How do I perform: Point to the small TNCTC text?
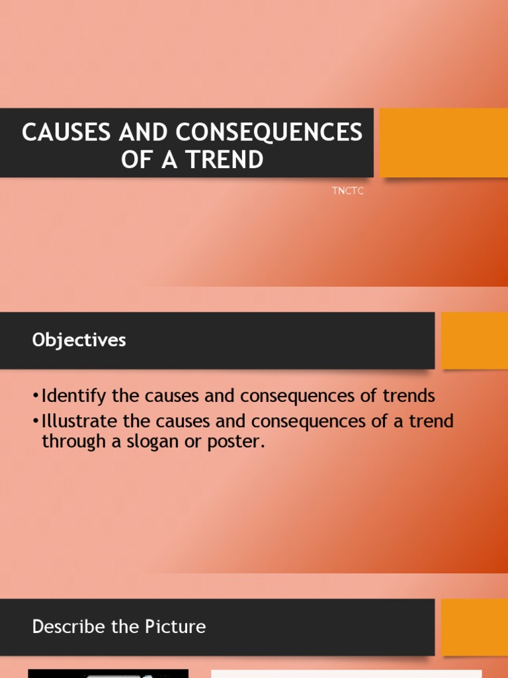348,191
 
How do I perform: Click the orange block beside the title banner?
443,142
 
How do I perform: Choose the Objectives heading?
79,340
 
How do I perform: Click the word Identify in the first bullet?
69,397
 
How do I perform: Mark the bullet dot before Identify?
35,397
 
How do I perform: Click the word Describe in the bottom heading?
60,626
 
